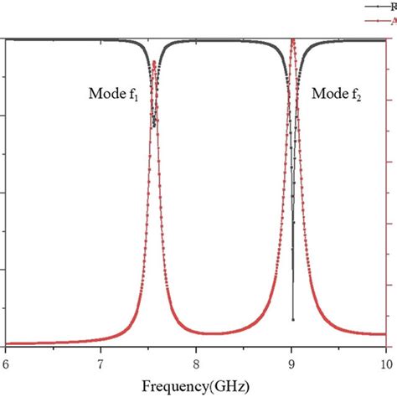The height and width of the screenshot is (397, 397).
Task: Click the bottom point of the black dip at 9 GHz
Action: (x=292, y=319)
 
